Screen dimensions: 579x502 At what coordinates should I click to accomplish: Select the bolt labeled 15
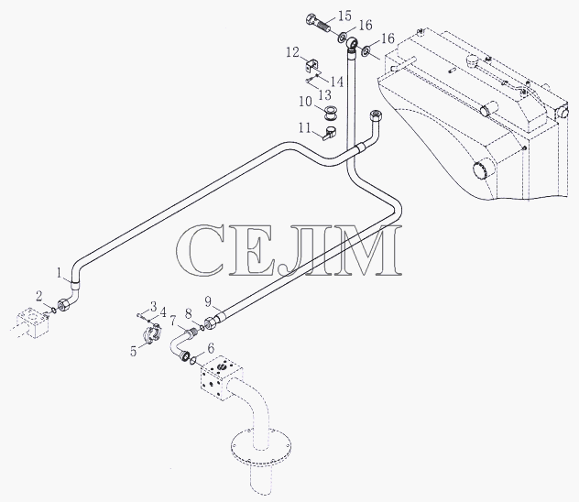click(318, 24)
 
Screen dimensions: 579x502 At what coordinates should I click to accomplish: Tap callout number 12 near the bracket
click(292, 52)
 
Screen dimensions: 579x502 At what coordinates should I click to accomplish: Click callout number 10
click(305, 101)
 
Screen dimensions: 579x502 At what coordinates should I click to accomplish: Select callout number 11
click(305, 128)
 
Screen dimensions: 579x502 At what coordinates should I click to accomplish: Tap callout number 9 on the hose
click(208, 301)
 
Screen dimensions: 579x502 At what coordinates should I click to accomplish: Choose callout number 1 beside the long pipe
click(59, 273)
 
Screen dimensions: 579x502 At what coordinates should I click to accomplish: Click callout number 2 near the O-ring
click(39, 296)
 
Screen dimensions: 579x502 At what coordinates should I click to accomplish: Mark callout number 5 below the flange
click(134, 351)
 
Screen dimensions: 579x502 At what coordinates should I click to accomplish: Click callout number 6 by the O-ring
click(211, 348)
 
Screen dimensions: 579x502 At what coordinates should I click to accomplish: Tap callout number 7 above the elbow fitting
click(173, 321)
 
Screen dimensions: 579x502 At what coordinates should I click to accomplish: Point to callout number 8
click(189, 314)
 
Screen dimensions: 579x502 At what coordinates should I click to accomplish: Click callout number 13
click(325, 95)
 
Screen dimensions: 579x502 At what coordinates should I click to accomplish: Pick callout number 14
click(336, 82)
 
